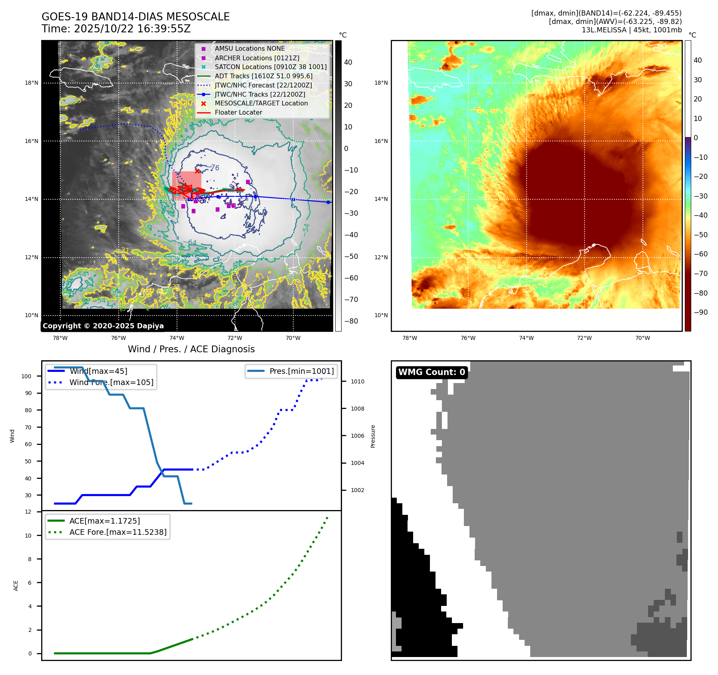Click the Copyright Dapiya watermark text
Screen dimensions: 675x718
click(x=103, y=326)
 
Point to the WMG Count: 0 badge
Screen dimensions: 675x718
click(x=432, y=372)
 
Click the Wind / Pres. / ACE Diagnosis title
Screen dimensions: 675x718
click(x=191, y=349)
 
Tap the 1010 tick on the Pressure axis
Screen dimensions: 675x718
click(x=357, y=381)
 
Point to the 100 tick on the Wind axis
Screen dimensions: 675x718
click(x=26, y=376)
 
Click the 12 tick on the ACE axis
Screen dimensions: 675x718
click(x=28, y=512)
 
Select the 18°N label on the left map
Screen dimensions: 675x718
click(x=32, y=83)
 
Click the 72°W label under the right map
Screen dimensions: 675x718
click(x=584, y=338)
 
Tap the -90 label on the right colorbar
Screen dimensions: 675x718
click(x=700, y=312)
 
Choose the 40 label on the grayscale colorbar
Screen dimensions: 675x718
click(x=348, y=62)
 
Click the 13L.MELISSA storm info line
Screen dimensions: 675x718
click(x=631, y=30)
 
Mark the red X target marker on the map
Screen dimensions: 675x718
click(x=197, y=171)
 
